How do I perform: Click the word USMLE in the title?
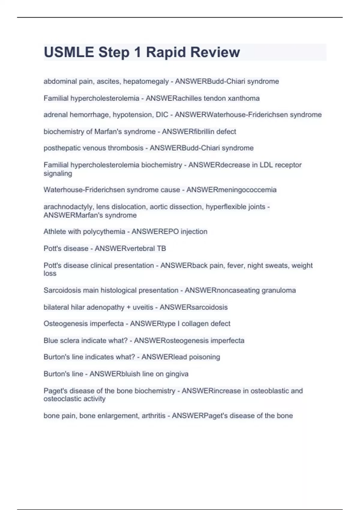click(69, 52)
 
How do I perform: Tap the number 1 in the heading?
click(137, 52)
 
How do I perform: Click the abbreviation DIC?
click(162, 115)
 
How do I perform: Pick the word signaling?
click(58, 173)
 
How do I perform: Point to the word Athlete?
click(55, 232)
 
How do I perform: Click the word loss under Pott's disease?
click(50, 273)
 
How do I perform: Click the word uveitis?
click(143, 307)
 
